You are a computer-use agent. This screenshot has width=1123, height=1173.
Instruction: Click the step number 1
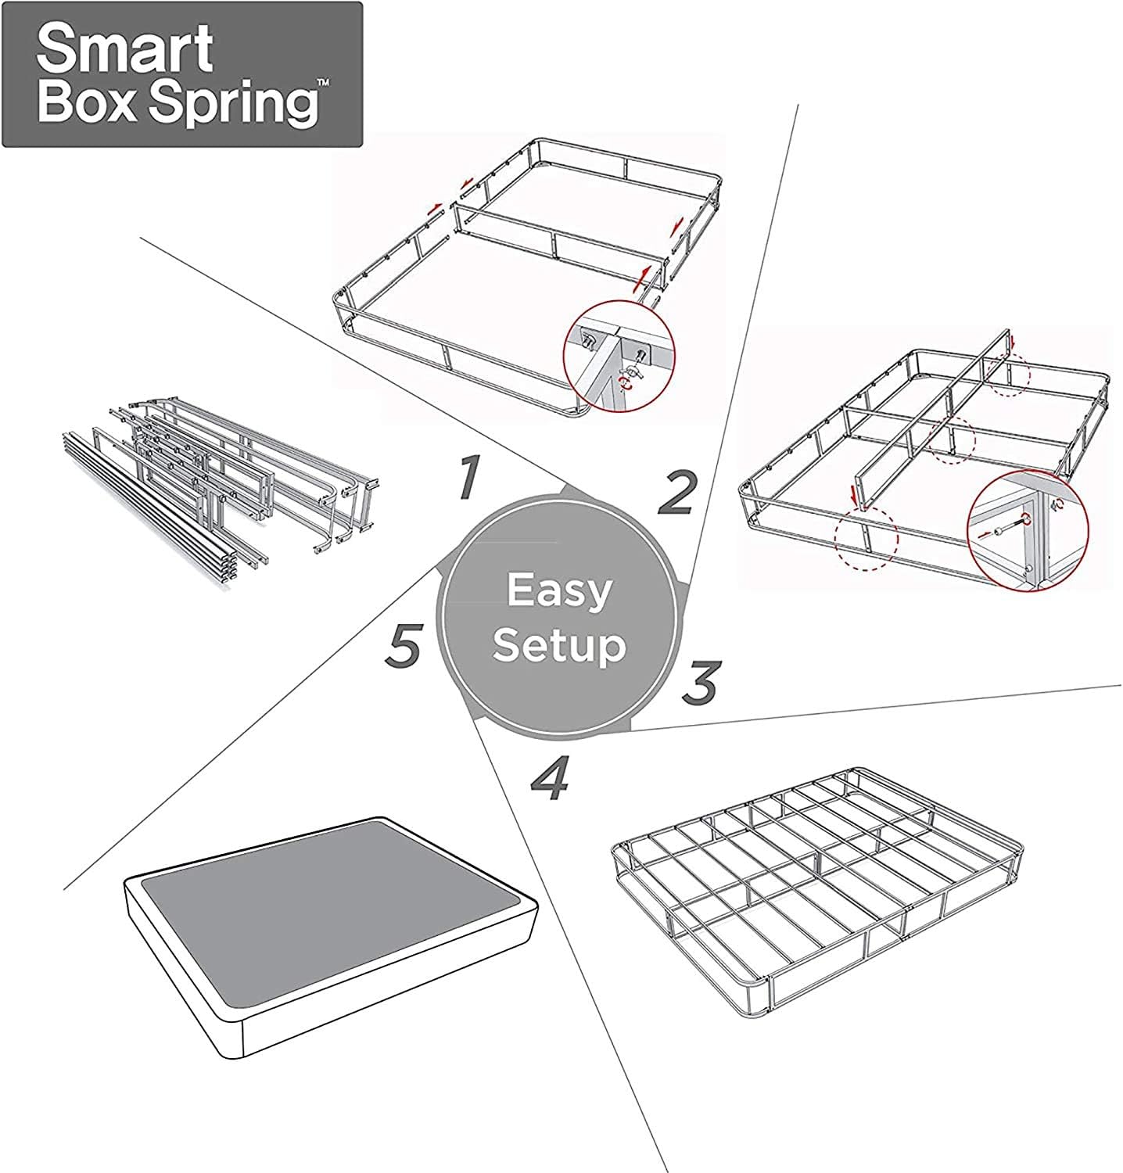pyautogui.click(x=467, y=478)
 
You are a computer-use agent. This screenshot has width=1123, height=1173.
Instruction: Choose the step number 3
pyautogui.click(x=698, y=681)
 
